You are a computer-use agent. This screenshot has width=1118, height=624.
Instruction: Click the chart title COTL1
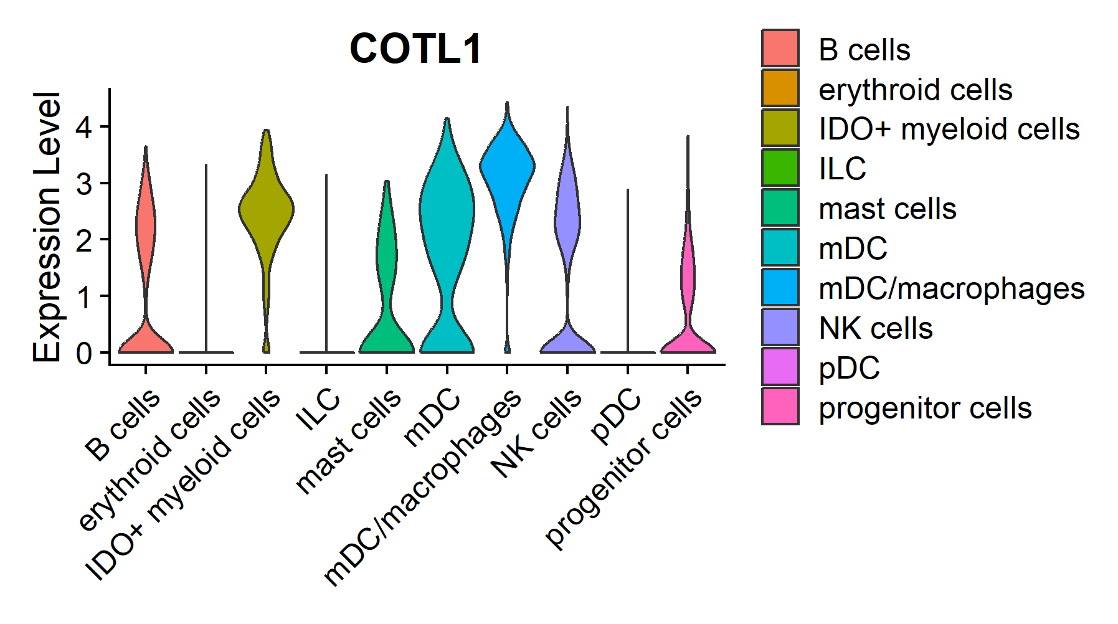click(x=415, y=49)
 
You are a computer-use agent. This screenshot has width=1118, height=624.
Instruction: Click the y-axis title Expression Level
click(x=47, y=227)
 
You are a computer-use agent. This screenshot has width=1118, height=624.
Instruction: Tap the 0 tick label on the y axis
click(x=83, y=353)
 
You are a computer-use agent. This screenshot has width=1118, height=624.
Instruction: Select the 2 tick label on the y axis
click(x=83, y=240)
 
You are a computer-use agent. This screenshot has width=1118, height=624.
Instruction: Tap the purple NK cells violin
click(x=567, y=218)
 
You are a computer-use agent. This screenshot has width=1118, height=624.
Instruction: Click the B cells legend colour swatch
click(x=780, y=48)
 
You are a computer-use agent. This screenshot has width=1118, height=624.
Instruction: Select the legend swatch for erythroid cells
click(x=780, y=88)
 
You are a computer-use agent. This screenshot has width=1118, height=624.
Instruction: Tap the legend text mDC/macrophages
click(x=951, y=288)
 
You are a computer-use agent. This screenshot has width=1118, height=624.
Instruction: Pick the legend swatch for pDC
click(x=780, y=367)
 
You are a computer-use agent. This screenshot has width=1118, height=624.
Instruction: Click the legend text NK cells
click(x=875, y=328)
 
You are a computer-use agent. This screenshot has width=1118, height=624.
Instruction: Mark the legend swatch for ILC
click(x=780, y=168)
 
